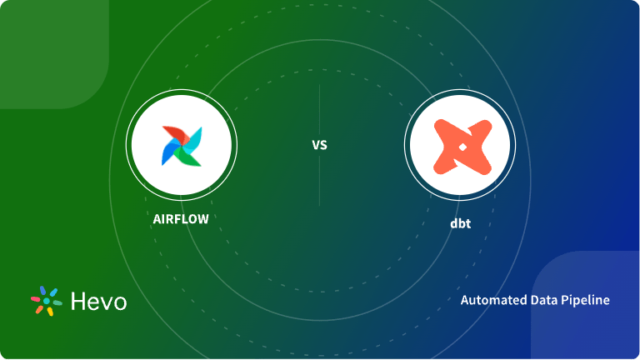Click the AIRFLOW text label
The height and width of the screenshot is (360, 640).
click(181, 219)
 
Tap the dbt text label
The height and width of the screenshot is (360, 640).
click(460, 223)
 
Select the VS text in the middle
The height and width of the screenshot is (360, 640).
click(320, 145)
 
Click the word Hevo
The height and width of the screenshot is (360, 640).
click(98, 301)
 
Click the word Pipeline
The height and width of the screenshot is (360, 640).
click(584, 300)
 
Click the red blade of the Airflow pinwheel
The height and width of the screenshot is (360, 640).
click(172, 135)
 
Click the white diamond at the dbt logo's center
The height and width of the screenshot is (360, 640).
click(460, 145)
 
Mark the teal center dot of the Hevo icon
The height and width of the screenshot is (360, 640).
click(47, 301)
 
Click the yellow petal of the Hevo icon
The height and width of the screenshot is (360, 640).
click(50, 312)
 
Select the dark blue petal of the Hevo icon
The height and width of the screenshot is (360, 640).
click(43, 290)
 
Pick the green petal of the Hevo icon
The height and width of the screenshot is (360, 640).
click(58, 303)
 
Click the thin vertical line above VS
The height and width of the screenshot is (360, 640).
click(320, 108)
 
